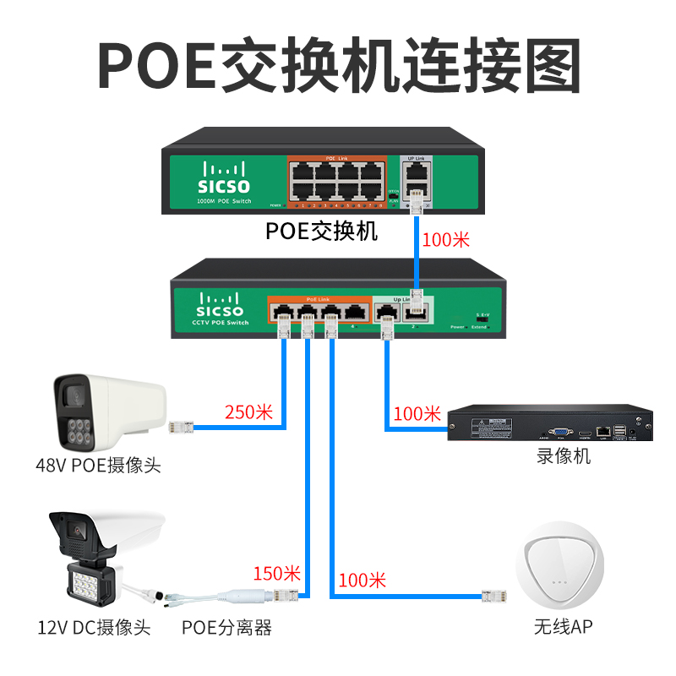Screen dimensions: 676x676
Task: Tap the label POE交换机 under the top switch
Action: (322, 231)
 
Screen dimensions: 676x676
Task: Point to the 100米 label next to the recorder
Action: (417, 413)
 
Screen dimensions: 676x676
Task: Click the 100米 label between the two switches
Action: (445, 239)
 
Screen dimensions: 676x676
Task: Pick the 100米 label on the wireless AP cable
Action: (362, 581)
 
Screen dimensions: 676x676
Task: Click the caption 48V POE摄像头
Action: (98, 465)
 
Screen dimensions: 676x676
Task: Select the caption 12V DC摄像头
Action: (94, 628)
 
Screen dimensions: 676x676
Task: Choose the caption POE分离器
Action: (227, 628)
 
